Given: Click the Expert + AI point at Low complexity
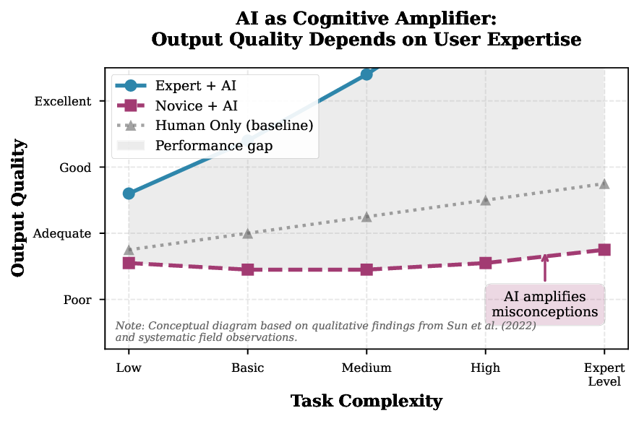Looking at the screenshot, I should (x=129, y=194).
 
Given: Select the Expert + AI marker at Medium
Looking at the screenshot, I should (x=366, y=74).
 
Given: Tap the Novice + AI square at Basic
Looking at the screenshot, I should (x=248, y=269).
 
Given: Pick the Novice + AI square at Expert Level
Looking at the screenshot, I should (x=604, y=250).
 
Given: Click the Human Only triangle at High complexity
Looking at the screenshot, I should (x=486, y=200).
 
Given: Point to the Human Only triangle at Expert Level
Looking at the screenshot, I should (x=604, y=184).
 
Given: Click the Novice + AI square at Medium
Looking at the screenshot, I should (x=366, y=269).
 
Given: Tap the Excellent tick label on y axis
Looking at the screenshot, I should (x=63, y=102).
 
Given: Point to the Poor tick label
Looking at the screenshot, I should (x=77, y=300).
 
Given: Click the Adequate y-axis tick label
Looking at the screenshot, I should (x=64, y=234).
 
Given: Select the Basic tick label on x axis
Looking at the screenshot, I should (x=248, y=368).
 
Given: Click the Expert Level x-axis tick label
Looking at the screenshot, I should (x=604, y=374).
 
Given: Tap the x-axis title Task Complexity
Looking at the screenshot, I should (x=366, y=401).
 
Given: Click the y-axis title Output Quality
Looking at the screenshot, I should (x=20, y=208).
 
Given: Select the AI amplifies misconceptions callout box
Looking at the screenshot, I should (x=545, y=305).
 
